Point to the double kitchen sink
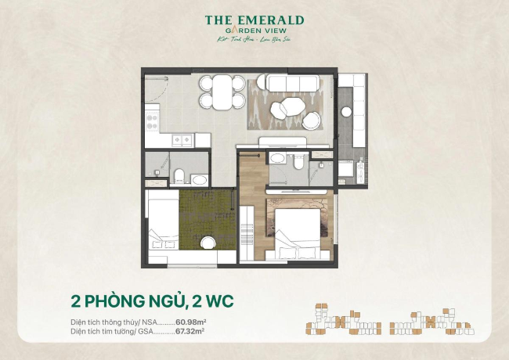183,140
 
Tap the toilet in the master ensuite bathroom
298,161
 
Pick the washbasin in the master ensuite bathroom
276,159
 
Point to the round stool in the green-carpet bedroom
205,243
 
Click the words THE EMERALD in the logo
254,20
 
